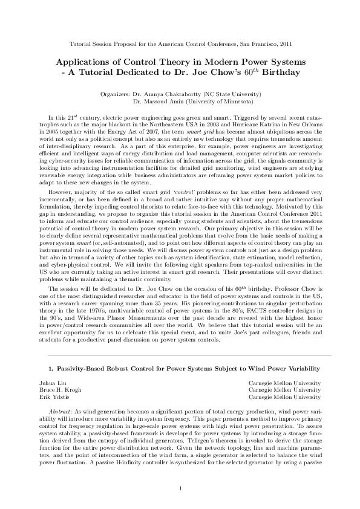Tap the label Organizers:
[x=114, y=95]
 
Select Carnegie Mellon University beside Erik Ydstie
[x=284, y=397]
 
